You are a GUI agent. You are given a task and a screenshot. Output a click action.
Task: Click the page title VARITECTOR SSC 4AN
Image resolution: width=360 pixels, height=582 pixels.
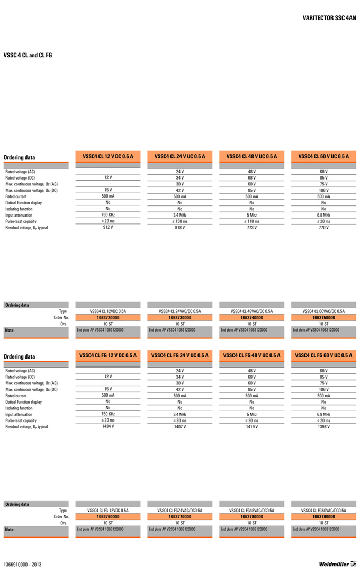point(329,18)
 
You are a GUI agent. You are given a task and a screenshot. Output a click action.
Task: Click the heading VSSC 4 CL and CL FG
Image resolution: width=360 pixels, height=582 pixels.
point(28,55)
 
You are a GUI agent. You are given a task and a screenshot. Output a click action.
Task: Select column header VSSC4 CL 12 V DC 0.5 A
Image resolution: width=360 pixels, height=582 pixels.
point(108,157)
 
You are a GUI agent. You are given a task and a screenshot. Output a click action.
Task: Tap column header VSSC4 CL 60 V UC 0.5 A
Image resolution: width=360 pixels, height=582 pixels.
point(323,157)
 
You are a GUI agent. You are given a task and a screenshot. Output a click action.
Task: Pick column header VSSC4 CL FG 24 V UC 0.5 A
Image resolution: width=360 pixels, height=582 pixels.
point(179,355)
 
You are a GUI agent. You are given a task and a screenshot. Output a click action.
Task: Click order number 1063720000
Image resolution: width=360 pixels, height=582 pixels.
point(108,318)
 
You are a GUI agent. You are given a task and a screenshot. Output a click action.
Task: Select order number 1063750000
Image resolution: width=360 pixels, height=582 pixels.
point(323,318)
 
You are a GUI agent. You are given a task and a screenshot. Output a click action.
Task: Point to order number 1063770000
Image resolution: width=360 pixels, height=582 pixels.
point(179,516)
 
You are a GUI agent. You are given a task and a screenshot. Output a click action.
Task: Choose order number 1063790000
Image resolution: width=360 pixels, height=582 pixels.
point(323,516)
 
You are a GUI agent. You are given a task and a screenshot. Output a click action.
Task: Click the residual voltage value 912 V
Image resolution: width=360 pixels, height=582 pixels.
point(108,228)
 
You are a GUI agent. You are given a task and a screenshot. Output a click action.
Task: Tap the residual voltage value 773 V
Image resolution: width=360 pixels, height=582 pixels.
point(251,228)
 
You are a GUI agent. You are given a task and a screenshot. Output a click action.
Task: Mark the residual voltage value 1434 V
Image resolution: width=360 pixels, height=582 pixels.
point(108,426)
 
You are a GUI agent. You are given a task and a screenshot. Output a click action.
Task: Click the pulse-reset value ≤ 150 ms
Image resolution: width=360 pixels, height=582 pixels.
point(179,221)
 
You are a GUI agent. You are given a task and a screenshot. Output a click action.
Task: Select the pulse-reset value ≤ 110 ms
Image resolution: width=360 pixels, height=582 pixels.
point(251,221)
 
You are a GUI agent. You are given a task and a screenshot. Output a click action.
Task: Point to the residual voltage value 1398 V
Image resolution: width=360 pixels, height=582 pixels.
point(323,426)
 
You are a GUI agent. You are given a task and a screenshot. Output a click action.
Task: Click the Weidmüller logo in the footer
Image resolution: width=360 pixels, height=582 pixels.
point(337,564)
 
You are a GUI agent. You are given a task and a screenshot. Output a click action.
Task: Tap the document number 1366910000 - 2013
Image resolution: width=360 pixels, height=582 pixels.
point(22,565)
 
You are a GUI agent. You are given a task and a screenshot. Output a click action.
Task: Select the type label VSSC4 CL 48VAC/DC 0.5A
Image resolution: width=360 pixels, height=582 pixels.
point(251,311)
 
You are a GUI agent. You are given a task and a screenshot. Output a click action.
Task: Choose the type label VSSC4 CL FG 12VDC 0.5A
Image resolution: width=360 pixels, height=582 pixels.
point(108,511)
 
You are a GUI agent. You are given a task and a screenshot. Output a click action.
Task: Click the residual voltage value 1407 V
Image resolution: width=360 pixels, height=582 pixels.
point(179,426)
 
